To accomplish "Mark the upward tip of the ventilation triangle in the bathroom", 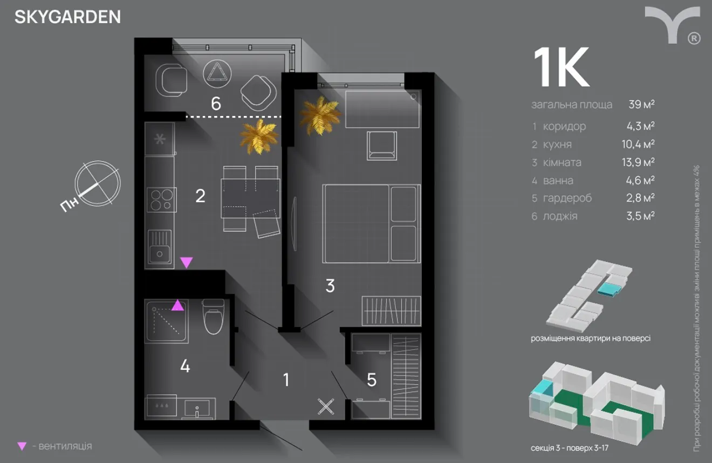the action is [177, 300].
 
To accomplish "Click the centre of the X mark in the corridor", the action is [326, 407].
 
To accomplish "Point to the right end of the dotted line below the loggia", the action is [281, 117].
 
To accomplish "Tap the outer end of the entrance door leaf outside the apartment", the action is [302, 450].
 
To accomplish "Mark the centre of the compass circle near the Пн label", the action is [98, 184].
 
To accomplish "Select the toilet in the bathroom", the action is [213, 316].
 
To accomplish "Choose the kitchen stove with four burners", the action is [161, 200].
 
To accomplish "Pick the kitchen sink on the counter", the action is [159, 246].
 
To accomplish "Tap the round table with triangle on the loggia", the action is [217, 74].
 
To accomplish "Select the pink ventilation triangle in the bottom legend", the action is [22, 446].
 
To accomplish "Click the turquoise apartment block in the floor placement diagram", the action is [610, 289].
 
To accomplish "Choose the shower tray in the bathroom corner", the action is [167, 321].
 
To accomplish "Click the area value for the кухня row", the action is [638, 144].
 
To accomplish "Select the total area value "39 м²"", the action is [641, 104].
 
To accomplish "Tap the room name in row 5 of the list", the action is [567, 198].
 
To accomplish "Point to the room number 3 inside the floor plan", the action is [330, 286].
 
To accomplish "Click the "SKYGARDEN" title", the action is [68, 17].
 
